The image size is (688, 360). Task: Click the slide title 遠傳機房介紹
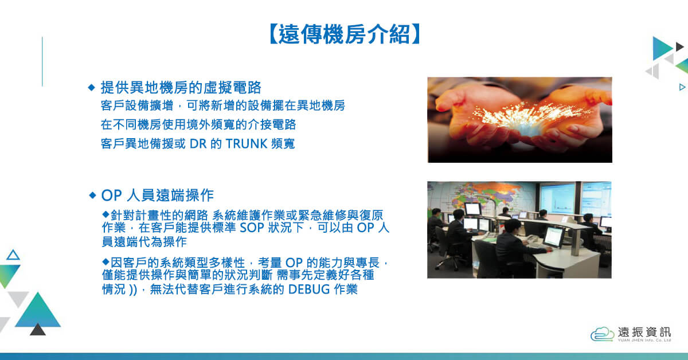[345, 34]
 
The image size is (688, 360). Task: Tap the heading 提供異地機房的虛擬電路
[181, 88]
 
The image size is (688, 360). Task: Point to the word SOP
[252, 228]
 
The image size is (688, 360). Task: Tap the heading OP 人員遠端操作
[157, 195]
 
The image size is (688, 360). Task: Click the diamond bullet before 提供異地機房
[92, 88]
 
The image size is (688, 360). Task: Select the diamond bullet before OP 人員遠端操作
[92, 195]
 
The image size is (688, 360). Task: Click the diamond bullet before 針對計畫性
[106, 214]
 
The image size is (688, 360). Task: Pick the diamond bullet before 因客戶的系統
[106, 262]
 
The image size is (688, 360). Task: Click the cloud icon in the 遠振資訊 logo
[603, 334]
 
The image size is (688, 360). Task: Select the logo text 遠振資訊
[644, 332]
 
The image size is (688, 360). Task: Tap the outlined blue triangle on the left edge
[13, 256]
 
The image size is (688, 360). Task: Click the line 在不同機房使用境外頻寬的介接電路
[198, 125]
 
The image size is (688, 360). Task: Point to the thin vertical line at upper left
[42, 61]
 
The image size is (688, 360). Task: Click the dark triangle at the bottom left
[38, 330]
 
